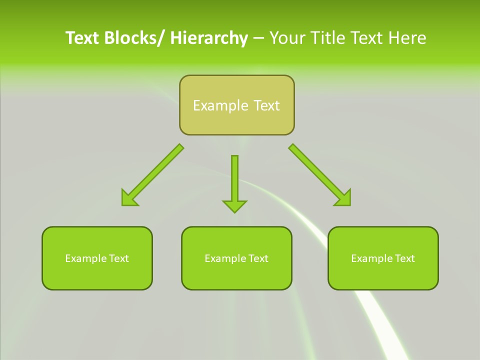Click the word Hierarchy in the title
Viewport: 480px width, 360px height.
pyautogui.click(x=208, y=38)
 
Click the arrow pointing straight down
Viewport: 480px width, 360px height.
pyautogui.click(x=234, y=180)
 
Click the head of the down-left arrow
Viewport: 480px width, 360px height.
pyautogui.click(x=129, y=198)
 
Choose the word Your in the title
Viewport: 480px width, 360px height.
pyautogui.click(x=286, y=38)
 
